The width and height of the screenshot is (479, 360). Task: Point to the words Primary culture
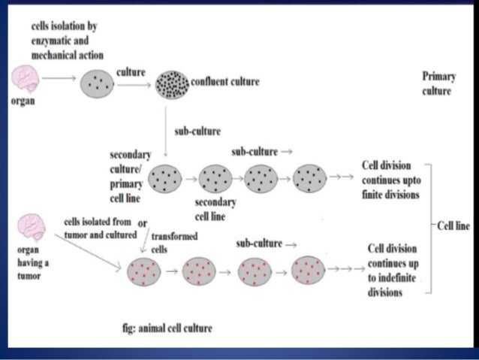(x=438, y=83)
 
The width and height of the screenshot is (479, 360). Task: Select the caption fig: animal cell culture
(x=166, y=328)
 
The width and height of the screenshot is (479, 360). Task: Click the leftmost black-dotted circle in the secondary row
(x=165, y=179)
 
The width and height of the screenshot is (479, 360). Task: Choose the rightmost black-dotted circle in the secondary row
(x=309, y=179)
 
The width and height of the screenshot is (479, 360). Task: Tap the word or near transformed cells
(x=142, y=223)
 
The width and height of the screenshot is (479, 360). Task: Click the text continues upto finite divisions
(x=390, y=180)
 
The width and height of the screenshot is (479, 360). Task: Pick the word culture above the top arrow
(x=131, y=71)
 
